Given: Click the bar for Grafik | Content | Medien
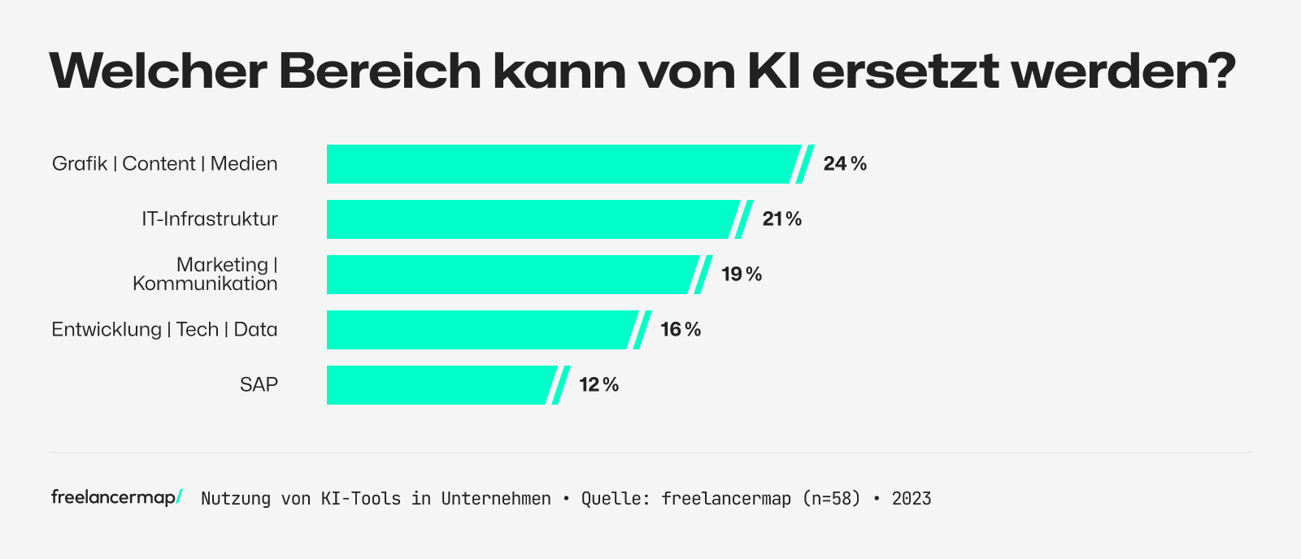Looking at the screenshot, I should tap(561, 164).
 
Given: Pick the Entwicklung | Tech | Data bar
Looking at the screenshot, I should tap(480, 330).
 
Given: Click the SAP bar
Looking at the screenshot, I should tap(439, 385).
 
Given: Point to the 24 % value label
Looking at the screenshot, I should tap(845, 164).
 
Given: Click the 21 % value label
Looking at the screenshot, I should tap(782, 219).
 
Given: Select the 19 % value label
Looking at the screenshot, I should tap(742, 275).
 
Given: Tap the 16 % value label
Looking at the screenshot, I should tap(681, 330).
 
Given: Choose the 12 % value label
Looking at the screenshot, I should tap(599, 385).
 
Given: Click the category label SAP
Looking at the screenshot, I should tap(259, 385).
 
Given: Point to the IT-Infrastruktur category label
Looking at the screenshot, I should tap(210, 219).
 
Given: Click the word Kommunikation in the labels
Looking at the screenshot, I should tap(205, 284).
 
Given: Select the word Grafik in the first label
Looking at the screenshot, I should tap(80, 164).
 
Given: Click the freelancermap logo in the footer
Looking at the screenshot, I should tap(116, 497).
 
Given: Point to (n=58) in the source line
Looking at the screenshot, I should tap(831, 499).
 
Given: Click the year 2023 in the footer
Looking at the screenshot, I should tap(912, 499).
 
